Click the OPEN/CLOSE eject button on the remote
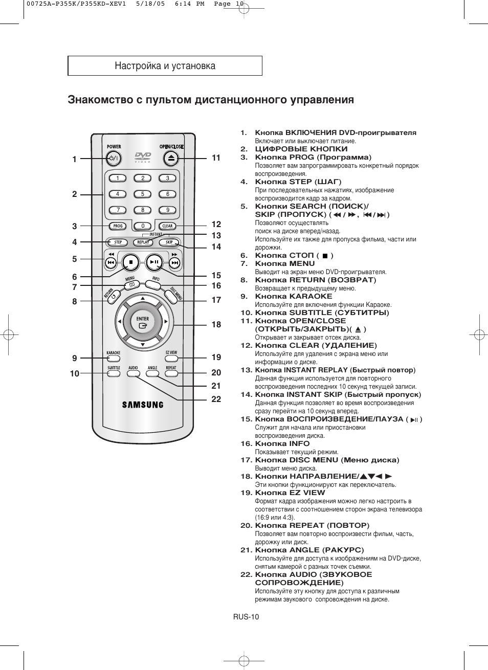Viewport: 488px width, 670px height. point(172,159)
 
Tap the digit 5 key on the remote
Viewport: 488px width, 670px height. point(143,194)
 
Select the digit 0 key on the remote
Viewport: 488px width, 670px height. point(143,226)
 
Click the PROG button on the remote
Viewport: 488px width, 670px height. point(118,226)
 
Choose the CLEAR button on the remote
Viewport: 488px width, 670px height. point(167,226)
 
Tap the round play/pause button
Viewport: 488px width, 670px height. point(154,262)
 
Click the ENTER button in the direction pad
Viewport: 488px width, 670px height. point(143,322)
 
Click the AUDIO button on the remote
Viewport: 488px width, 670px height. point(133,373)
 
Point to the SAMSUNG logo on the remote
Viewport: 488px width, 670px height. point(143,405)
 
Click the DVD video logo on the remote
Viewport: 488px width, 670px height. point(143,157)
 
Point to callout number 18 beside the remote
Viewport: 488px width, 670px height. point(216,325)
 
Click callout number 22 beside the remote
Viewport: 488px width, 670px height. point(216,399)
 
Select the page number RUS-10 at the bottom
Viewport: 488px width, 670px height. point(246,617)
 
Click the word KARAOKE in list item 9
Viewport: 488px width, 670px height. point(310,296)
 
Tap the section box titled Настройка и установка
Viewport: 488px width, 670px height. point(165,66)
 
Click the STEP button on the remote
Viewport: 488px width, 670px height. point(118,242)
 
